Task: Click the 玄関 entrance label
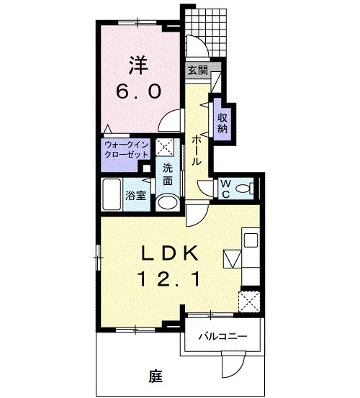tap(198, 71)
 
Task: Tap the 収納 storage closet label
tap(222, 123)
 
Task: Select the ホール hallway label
tap(197, 150)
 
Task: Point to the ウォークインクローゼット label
tap(126, 150)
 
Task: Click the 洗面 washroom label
tap(168, 174)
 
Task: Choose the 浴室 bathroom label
tap(136, 195)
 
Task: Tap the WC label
tap(225, 189)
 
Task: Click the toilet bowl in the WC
tap(245, 189)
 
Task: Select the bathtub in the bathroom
tap(112, 194)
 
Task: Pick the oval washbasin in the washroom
tap(168, 202)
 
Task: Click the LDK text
tap(169, 253)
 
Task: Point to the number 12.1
tap(168, 279)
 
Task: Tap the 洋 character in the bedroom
tap(139, 65)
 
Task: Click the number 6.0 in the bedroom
tap(138, 91)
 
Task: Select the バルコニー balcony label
tap(222, 337)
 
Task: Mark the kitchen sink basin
tap(251, 240)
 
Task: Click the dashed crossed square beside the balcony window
tap(249, 302)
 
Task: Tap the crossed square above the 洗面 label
tap(164, 147)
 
